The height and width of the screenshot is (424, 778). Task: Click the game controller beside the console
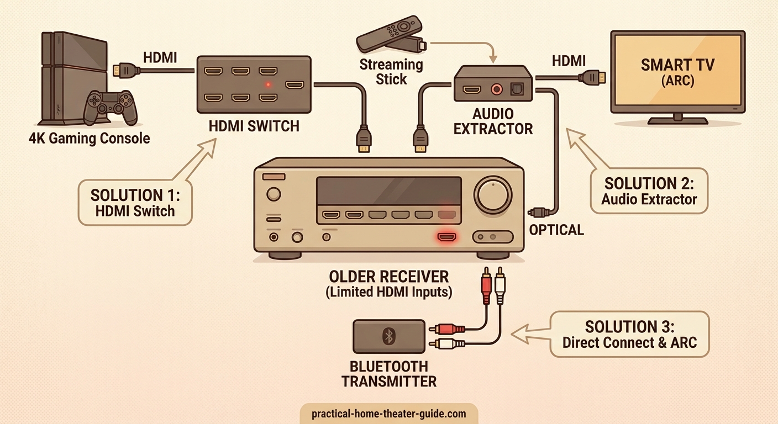110,106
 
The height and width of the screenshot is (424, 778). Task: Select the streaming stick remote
389,34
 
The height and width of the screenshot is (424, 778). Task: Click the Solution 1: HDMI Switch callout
135,202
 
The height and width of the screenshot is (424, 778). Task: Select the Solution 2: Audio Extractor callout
649,191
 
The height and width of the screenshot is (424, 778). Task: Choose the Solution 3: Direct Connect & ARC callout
629,334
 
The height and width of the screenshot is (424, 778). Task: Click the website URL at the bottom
388,414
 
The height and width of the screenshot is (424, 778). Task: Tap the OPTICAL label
556,230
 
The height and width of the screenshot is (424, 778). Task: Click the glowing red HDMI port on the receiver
447,237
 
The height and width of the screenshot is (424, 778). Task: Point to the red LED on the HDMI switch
268,84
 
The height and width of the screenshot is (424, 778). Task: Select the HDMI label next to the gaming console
160,57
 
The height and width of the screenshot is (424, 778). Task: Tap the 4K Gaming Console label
89,138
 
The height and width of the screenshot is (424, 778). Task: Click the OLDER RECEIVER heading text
389,276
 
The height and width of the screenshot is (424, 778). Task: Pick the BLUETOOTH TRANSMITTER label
388,374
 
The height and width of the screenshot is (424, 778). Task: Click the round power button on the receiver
273,194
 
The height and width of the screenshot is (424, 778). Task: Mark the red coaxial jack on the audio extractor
499,88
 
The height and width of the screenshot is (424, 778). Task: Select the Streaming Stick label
391,72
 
